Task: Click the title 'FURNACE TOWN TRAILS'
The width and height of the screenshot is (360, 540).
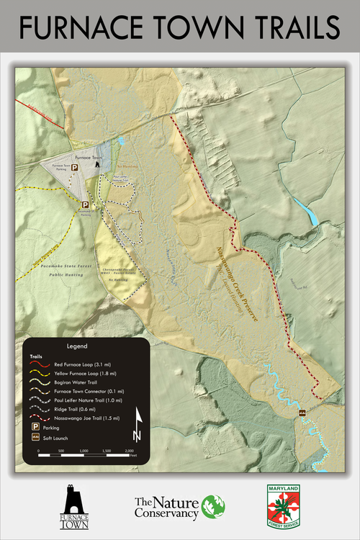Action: point(179,27)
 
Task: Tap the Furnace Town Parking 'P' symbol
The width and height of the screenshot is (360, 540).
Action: point(73,167)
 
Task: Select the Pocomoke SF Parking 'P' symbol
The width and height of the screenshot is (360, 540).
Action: point(84,204)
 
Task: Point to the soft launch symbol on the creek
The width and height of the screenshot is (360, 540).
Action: point(303,412)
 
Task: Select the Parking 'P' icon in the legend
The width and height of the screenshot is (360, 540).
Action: point(35,427)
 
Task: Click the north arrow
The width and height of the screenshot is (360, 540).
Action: point(137,429)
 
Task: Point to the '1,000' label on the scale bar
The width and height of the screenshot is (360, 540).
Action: point(84,451)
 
